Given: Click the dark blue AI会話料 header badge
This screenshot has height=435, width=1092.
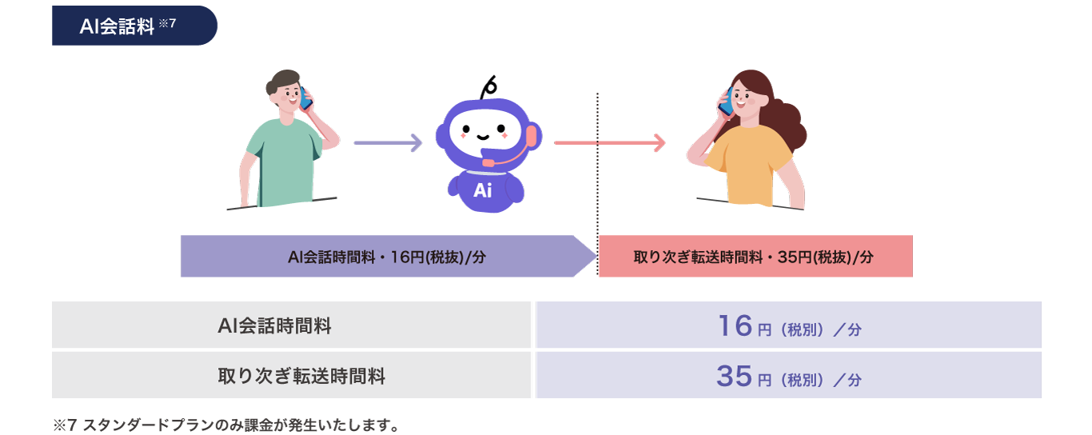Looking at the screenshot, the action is pos(134,26).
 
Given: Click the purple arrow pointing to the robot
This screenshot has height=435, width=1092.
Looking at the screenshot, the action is pos(388,143).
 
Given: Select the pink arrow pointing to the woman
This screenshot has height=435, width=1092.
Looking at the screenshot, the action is pos(609,143).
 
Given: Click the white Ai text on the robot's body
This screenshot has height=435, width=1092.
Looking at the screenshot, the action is pos(482,190).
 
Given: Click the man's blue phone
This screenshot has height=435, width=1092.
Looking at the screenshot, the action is pos(304,98).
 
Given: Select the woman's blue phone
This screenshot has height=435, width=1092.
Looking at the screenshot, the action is pos(726,102).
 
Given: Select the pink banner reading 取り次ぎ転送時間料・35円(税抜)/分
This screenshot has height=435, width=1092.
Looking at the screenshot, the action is pos(754,257).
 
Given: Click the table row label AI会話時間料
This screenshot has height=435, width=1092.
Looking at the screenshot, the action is pos(274,325).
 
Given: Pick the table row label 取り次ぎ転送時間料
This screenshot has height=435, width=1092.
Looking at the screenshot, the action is pos(301,376).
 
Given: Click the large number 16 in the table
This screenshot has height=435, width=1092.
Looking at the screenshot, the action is pos(735,325).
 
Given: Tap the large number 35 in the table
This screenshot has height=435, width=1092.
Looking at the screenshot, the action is pos(735,375).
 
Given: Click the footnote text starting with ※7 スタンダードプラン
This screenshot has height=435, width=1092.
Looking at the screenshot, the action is pos(225,425).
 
